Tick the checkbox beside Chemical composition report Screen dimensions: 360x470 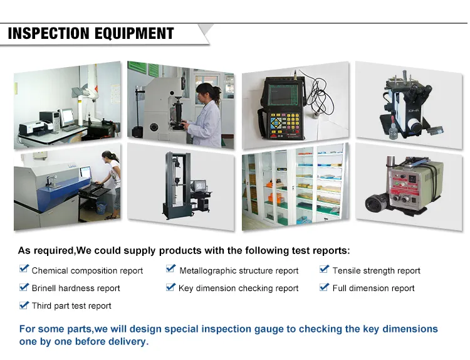click(24, 269)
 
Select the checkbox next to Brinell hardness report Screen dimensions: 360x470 click(24, 287)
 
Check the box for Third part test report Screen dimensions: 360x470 click(24, 304)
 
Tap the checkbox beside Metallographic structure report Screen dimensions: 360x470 click(170, 269)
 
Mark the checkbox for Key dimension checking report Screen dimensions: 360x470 click(170, 287)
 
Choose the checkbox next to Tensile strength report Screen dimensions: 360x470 click(324, 269)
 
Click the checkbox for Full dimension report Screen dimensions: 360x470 click(324, 287)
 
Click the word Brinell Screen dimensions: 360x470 click(46, 289)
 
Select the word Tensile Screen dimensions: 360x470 click(347, 271)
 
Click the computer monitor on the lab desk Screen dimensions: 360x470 click(66, 115)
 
